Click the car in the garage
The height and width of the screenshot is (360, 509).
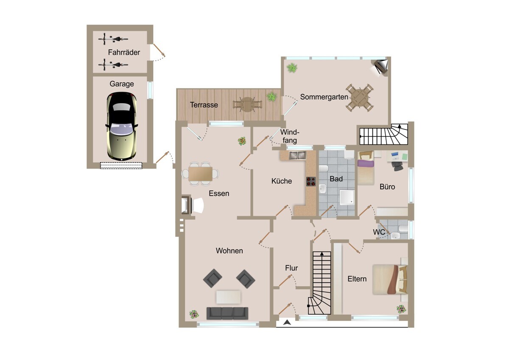pyautogui.click(x=122, y=127)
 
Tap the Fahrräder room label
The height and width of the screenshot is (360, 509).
pyautogui.click(x=124, y=52)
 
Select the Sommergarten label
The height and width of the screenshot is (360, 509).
pyautogui.click(x=324, y=97)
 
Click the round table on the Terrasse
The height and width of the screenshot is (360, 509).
pyautogui.click(x=247, y=104)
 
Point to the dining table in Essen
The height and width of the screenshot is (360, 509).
pyautogui.click(x=200, y=174)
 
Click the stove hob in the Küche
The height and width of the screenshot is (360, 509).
pyautogui.click(x=311, y=181)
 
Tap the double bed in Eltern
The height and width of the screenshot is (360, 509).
pyautogui.click(x=389, y=279)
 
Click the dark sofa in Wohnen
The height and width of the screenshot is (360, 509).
pyautogui.click(x=227, y=313)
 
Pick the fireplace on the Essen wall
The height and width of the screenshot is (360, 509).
pyautogui.click(x=186, y=205)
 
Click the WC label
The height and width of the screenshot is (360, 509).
pyautogui.click(x=379, y=232)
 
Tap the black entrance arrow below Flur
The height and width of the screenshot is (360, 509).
pyautogui.click(x=287, y=322)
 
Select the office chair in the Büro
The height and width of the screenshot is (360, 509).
pyautogui.click(x=397, y=166)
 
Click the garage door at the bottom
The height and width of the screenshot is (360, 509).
pyautogui.click(x=121, y=165)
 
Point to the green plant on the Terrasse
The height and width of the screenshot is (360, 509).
pyautogui.click(x=272, y=97)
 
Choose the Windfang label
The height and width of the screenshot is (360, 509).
pyautogui.click(x=290, y=136)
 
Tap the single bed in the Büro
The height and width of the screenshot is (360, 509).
pyautogui.click(x=366, y=169)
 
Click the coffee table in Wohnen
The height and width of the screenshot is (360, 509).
pyautogui.click(x=228, y=297)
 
